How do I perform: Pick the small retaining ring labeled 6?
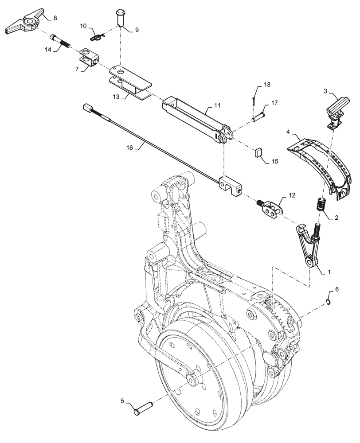point(327,302)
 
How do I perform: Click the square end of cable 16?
point(87,108)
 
